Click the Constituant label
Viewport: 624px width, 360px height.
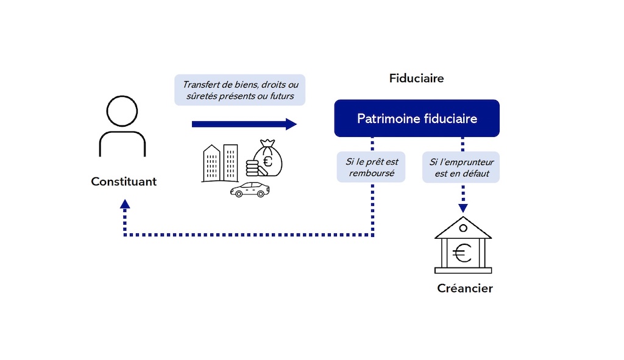point(124,182)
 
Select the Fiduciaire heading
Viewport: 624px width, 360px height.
point(416,79)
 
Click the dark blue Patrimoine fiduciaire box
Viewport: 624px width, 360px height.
point(417,118)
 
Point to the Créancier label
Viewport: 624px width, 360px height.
point(464,288)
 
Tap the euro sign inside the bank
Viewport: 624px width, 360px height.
point(463,253)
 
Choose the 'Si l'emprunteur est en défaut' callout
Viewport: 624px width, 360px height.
point(461,168)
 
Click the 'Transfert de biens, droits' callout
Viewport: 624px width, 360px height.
point(239,90)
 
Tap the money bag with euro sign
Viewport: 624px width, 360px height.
point(268,158)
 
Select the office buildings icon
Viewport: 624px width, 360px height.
point(220,163)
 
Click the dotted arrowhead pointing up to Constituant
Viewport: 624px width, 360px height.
point(124,204)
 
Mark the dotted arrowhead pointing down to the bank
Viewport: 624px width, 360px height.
point(463,208)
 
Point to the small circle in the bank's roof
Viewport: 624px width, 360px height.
point(463,228)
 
